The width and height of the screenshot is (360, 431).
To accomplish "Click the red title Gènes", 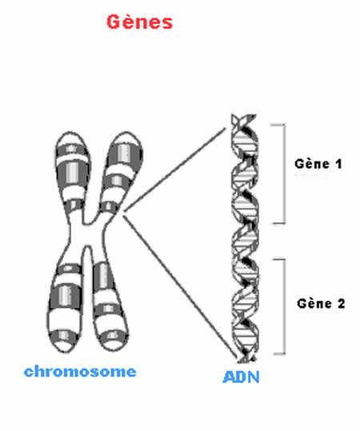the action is (140, 22).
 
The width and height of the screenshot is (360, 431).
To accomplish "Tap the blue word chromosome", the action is (80, 372).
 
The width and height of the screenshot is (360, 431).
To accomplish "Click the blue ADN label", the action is (241, 377).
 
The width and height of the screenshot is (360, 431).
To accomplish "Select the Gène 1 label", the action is (318, 164).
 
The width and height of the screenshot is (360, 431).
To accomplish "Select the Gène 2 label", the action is (321, 304).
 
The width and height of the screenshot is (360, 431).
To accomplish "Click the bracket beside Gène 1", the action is (284, 174).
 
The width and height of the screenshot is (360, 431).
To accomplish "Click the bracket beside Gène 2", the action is (284, 306).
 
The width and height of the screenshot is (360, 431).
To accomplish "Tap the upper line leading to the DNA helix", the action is (174, 170).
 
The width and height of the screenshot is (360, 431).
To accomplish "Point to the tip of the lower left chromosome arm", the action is (61, 351).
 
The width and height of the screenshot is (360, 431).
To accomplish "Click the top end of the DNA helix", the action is (244, 115).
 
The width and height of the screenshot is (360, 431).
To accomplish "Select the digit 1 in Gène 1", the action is (338, 164).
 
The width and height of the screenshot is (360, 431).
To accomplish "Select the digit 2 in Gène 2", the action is (341, 304).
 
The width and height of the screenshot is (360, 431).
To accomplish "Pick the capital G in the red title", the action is (114, 22).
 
